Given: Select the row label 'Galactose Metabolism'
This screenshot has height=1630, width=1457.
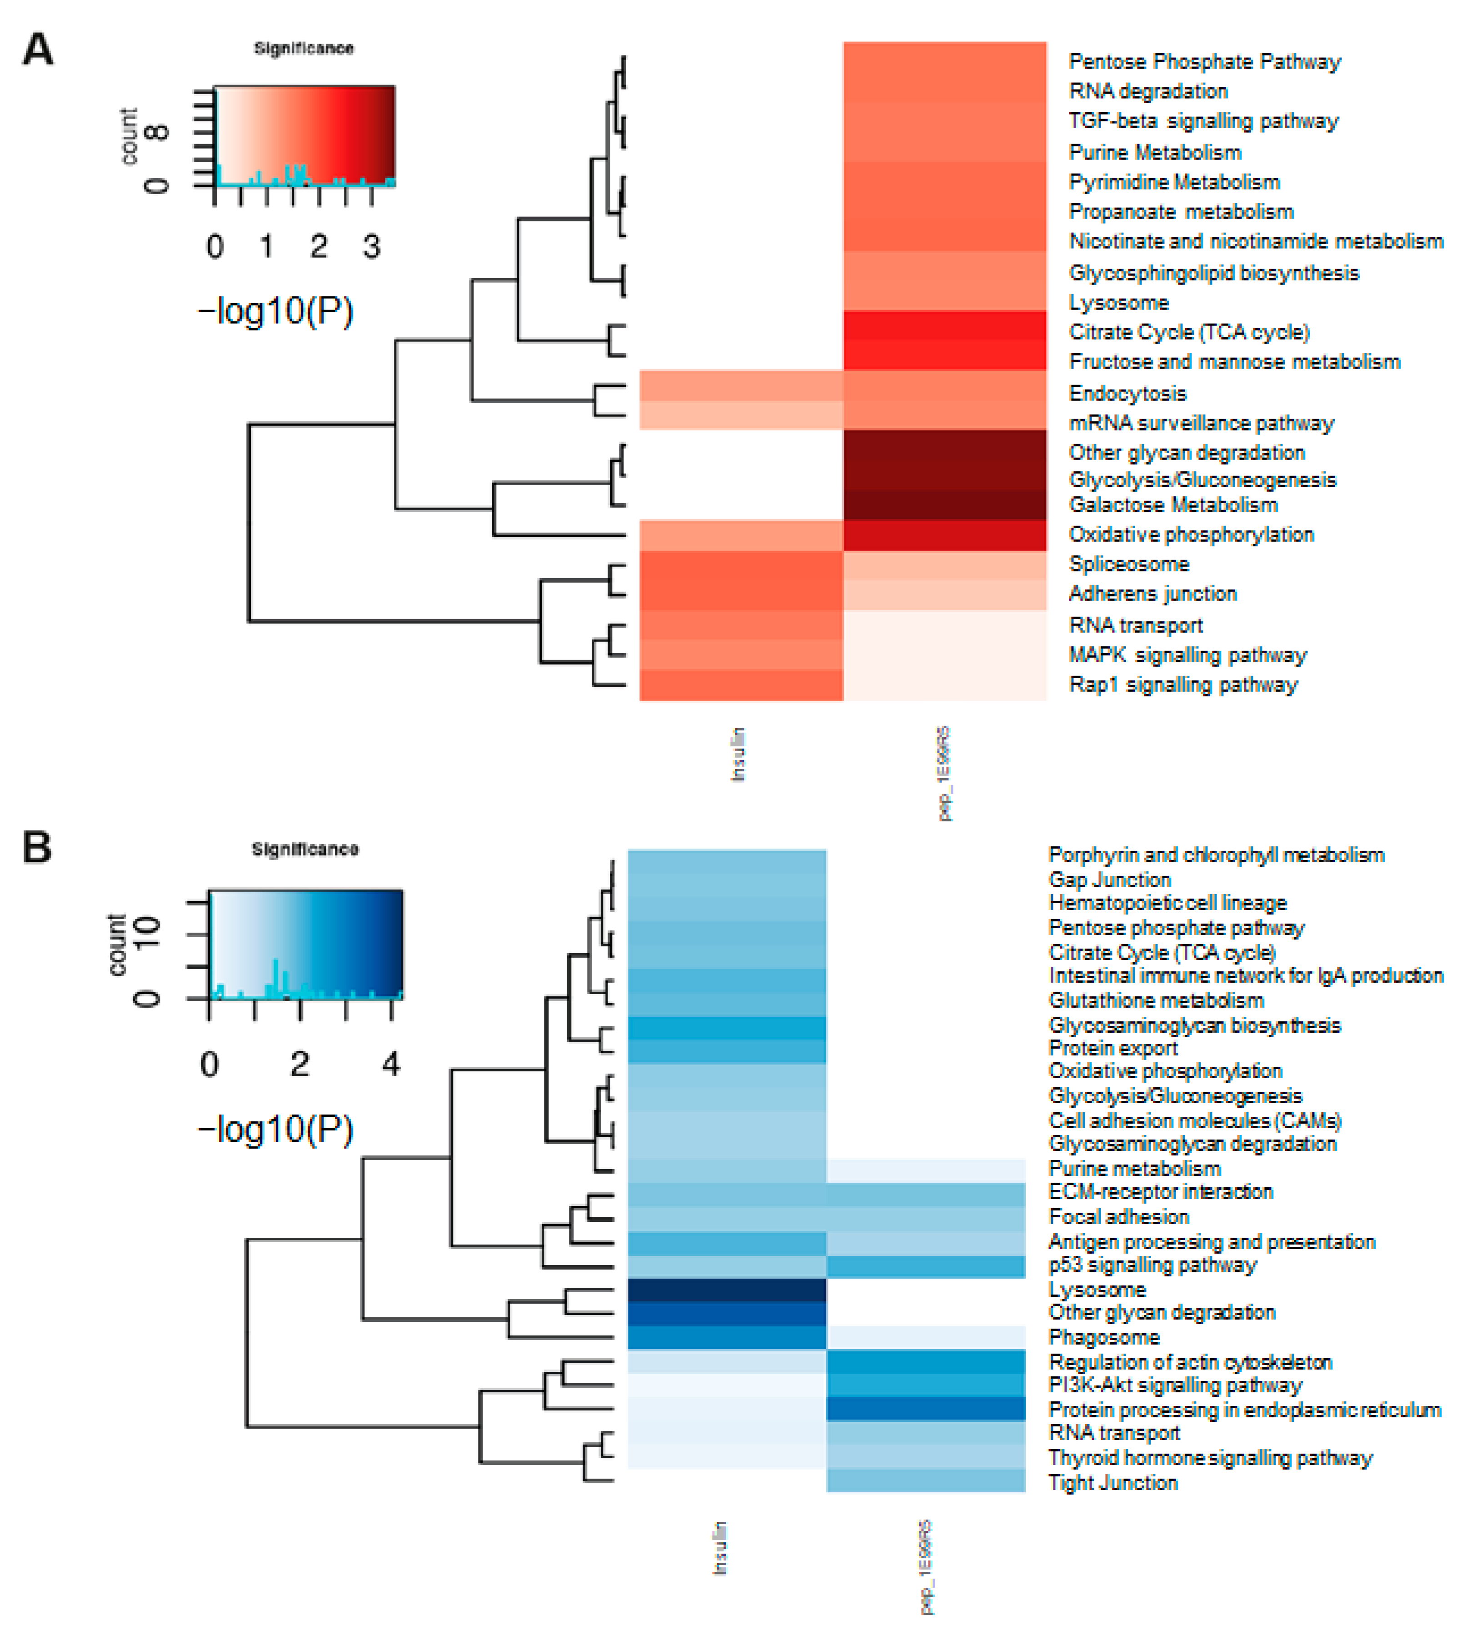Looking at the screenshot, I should (x=1173, y=505).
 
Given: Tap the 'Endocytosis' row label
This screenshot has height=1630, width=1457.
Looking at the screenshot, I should (x=1127, y=393).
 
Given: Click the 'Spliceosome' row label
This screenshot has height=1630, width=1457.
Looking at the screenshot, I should (x=1129, y=564).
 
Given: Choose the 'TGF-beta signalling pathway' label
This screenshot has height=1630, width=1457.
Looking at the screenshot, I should (x=1203, y=121).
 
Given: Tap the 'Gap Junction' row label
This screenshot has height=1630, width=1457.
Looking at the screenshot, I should (x=1109, y=880).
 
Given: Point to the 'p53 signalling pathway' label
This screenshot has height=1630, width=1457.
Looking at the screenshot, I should (x=1152, y=1265).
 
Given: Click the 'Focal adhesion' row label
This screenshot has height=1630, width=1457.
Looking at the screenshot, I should (x=1118, y=1217).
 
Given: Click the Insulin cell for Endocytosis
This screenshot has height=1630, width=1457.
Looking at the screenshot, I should (x=740, y=386).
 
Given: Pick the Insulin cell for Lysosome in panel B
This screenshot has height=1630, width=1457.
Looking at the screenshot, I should (x=726, y=1290).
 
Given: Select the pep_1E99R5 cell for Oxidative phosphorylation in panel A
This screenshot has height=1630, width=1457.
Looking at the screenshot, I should (x=945, y=535).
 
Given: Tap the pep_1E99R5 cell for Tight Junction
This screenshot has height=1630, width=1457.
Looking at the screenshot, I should (x=925, y=1481).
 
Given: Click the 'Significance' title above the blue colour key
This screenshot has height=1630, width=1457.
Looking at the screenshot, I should (x=305, y=850).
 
